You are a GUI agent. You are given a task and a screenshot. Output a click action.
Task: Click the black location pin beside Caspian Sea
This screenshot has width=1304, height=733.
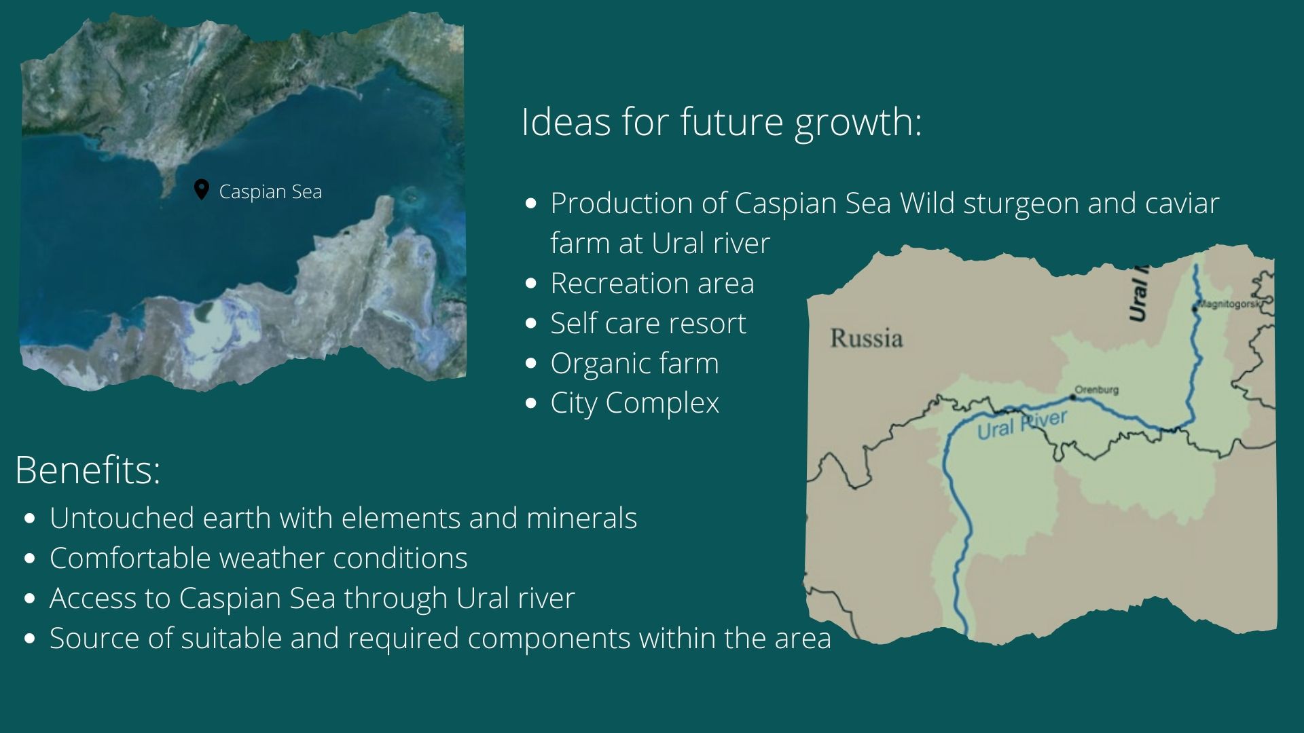[201, 190]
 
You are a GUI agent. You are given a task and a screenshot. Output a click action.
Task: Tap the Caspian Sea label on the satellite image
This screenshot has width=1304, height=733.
[270, 192]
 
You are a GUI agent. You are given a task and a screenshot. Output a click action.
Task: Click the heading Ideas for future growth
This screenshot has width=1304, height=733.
[721, 123]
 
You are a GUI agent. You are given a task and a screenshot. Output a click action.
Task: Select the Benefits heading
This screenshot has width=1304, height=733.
[88, 470]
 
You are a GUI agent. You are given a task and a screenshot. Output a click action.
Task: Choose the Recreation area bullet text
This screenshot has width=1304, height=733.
[652, 283]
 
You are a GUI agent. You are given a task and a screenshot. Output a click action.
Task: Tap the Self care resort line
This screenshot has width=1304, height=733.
[648, 323]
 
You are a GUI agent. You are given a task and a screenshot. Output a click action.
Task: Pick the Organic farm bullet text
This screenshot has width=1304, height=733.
[634, 364]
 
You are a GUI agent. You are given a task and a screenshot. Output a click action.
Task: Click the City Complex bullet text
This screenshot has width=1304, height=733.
[634, 404]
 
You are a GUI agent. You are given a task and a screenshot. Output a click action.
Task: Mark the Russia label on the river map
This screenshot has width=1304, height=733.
[866, 338]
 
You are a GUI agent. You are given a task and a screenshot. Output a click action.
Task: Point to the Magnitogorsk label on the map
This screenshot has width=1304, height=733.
[1229, 304]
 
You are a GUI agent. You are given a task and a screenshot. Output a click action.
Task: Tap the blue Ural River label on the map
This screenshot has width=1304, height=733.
[1021, 425]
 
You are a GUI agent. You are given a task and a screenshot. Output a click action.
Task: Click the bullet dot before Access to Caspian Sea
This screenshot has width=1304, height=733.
[29, 599]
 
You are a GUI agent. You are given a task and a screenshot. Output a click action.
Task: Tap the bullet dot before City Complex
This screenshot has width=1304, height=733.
[531, 404]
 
